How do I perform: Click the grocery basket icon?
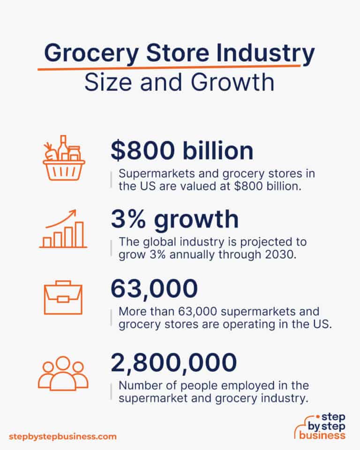[64, 160]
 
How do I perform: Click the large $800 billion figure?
[182, 151]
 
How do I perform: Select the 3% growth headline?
[174, 220]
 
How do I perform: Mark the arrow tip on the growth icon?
[76, 212]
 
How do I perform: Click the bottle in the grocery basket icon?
[63, 145]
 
